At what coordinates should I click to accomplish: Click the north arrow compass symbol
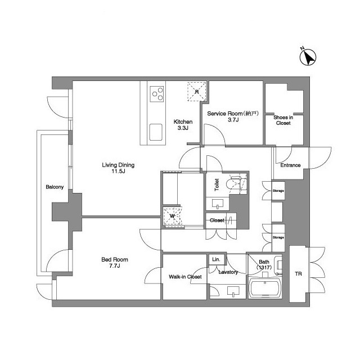tap(308, 57)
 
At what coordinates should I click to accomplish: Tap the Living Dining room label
tap(118, 168)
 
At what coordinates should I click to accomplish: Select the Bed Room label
tap(115, 263)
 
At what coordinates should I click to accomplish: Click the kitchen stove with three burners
tap(157, 94)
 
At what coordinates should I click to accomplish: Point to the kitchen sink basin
tap(156, 132)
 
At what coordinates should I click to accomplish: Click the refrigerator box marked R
tap(197, 92)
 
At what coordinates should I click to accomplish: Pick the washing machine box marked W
tap(172, 216)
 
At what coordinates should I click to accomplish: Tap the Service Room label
tap(233, 116)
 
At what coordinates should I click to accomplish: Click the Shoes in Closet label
tap(283, 120)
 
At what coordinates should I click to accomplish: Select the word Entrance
tap(290, 165)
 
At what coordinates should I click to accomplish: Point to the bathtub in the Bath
tap(265, 288)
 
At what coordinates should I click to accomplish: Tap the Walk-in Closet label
tap(185, 277)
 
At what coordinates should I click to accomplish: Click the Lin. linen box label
tap(216, 259)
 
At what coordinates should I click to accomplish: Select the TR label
tap(299, 274)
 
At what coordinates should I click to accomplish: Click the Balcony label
tap(55, 187)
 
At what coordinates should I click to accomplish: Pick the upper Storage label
tap(278, 191)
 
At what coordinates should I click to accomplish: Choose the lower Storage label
tap(278, 237)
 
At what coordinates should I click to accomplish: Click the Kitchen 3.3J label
tap(183, 125)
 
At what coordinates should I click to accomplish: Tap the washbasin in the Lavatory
tap(233, 291)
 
